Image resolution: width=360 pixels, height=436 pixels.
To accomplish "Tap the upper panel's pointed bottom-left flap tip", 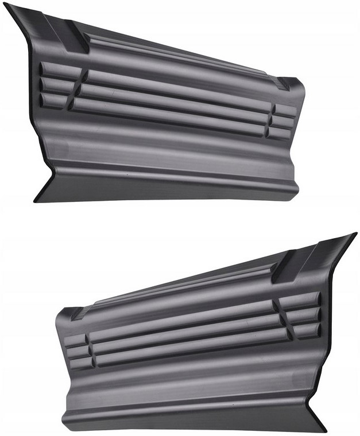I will click(36, 200).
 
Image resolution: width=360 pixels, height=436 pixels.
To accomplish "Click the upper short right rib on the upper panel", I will click(284, 111).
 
